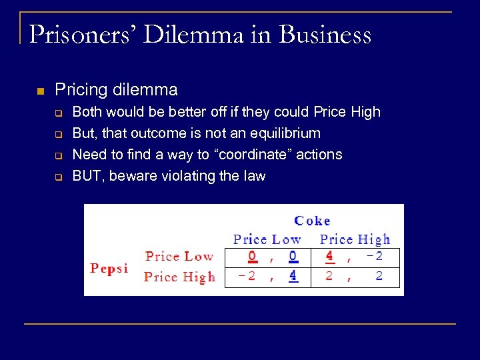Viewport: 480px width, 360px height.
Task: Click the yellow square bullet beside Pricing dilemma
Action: tap(39, 90)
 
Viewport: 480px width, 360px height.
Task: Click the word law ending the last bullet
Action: tap(255, 176)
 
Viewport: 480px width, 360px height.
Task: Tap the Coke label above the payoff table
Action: tap(312, 221)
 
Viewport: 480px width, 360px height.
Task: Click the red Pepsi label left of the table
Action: tap(109, 268)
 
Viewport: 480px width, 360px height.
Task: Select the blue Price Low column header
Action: tap(267, 239)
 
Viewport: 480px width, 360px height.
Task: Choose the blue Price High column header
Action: tap(355, 239)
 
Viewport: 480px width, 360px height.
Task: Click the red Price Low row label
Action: tap(179, 256)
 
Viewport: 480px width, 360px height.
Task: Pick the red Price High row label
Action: tap(179, 277)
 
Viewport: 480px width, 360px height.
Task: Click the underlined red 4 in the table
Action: tap(329, 256)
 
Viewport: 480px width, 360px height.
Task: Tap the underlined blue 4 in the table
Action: tap(293, 276)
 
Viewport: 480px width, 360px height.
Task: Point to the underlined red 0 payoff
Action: tap(252, 256)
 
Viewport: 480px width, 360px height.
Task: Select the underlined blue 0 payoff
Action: tap(293, 256)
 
